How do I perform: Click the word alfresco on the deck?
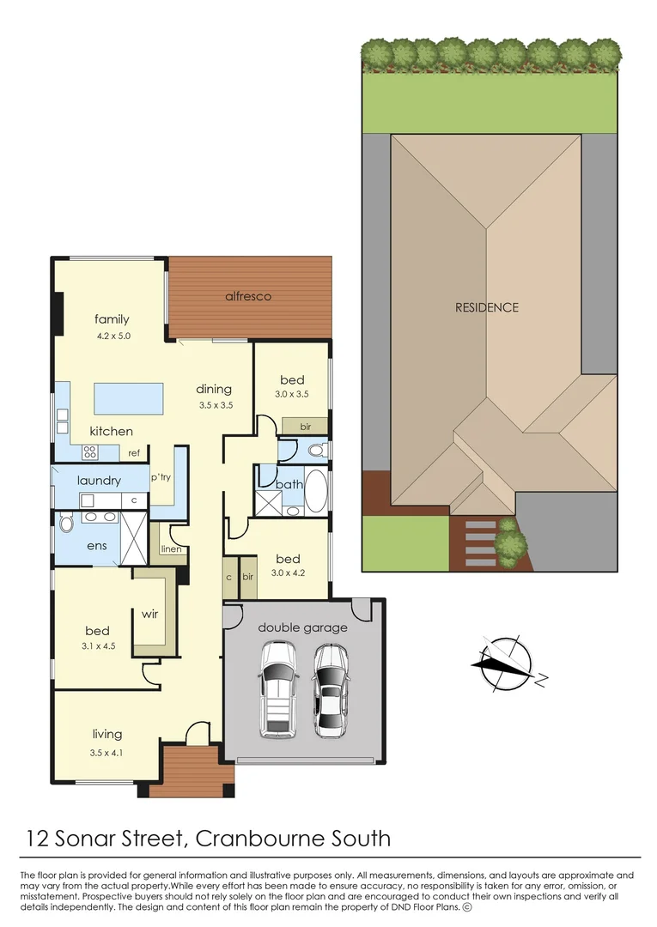(248, 296)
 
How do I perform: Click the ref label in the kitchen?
(134, 453)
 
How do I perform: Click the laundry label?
(99, 481)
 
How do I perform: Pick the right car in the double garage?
(330, 691)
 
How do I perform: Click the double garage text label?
(302, 627)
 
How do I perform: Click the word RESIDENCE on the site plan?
(487, 307)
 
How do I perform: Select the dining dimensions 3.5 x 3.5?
(215, 404)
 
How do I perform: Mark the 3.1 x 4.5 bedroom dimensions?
(97, 649)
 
